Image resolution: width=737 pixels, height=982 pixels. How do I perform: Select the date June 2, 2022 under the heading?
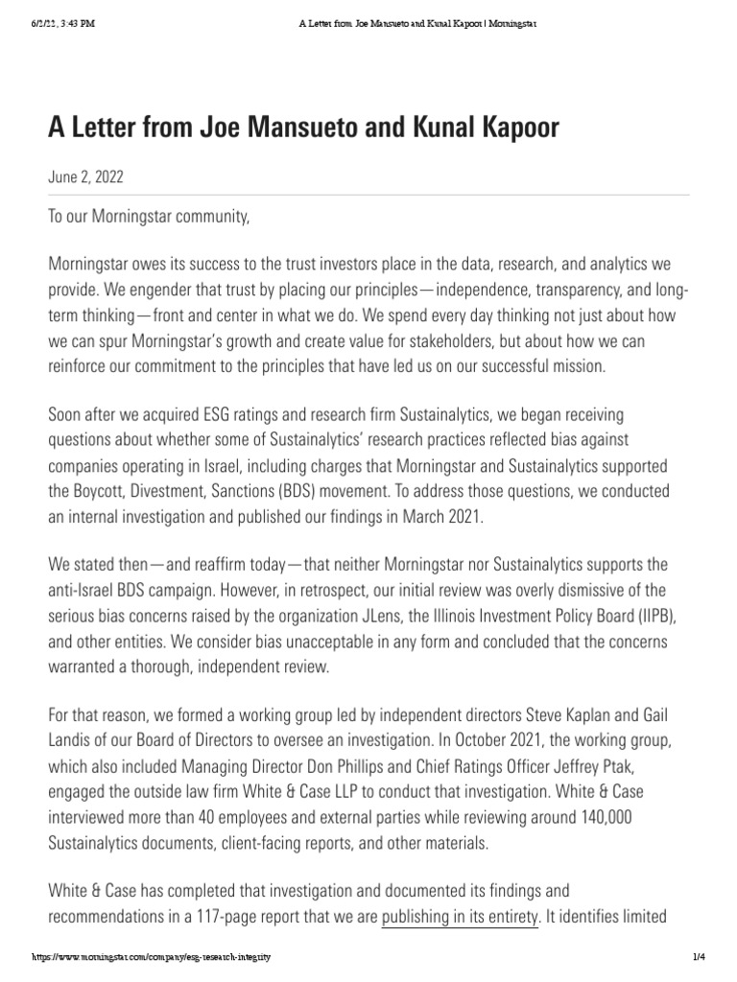coord(85,178)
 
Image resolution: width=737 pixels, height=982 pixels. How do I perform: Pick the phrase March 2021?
coord(432,514)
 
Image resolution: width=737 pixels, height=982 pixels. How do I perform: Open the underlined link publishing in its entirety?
coord(460,916)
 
